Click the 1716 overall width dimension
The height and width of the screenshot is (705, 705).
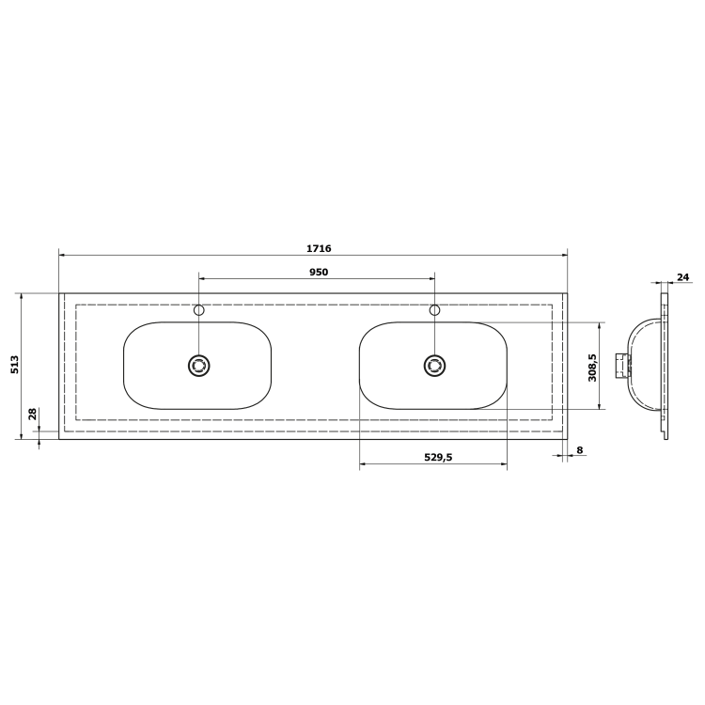click(319, 248)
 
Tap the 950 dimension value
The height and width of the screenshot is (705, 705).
click(319, 272)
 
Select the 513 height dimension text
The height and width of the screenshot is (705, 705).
click(15, 365)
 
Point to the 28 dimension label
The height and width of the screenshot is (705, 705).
click(32, 414)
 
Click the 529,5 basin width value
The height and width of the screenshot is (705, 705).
click(438, 457)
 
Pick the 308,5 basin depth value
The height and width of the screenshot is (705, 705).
click(592, 368)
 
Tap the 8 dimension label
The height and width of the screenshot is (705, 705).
click(580, 449)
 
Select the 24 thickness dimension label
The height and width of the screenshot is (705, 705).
click(682, 277)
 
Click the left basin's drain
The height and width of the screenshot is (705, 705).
click(198, 366)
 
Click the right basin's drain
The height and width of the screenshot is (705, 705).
click(434, 366)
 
